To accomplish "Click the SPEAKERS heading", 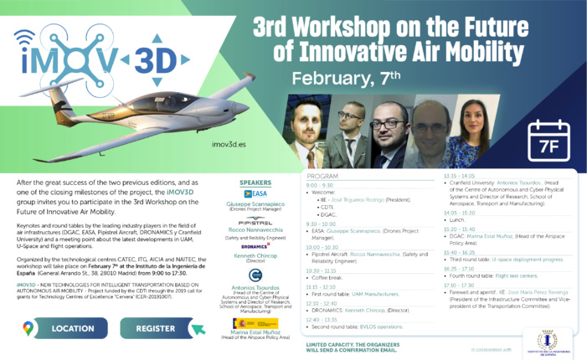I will [x=255, y=182].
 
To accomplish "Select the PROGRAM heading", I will [x=322, y=178].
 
